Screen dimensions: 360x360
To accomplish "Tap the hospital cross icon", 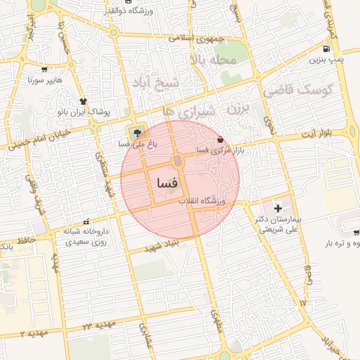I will pos(278,208).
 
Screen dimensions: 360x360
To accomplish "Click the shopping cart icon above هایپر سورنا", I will pos(45,70).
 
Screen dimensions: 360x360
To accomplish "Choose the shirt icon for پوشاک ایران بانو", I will pos(84,101).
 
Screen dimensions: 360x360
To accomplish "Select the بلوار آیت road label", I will pos(331,134).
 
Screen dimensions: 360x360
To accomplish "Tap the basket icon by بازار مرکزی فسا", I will pos(222,139).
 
